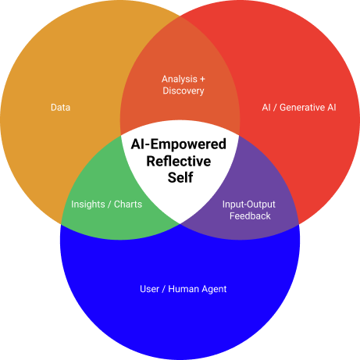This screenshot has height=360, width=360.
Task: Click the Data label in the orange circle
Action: click(60, 108)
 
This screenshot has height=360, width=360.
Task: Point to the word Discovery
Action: click(184, 91)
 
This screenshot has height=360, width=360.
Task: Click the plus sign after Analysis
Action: click(202, 79)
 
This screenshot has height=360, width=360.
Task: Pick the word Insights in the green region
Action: click(88, 205)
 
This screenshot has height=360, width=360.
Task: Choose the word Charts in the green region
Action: click(128, 205)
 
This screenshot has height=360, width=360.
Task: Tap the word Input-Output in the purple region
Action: click(249, 205)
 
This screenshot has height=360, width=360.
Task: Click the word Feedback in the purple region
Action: click(250, 216)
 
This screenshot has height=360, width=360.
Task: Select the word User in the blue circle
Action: click(149, 289)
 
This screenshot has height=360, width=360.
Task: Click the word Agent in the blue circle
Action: click(214, 289)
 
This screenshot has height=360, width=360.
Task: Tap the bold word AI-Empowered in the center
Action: click(179, 144)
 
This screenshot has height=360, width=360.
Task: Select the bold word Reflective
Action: click(179, 161)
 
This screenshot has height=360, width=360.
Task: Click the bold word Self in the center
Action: click(180, 177)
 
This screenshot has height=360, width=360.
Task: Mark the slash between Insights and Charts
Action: click(109, 205)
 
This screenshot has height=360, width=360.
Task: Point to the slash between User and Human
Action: click(163, 289)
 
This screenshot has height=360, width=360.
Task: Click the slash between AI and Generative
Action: click(275, 108)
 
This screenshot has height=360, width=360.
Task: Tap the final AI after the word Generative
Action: click(332, 108)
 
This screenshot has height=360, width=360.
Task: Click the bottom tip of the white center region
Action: click(180, 223)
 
